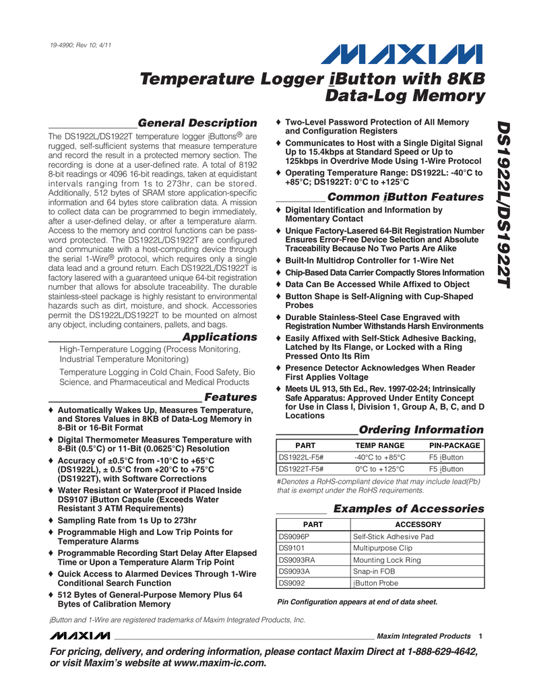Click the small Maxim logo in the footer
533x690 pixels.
tap(79, 636)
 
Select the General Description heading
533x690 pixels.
tap(197, 123)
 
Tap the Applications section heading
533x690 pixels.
tap(220, 336)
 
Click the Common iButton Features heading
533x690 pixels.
tap(405, 197)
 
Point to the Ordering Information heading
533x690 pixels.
tap(420, 429)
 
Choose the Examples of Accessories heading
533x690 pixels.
tap(408, 508)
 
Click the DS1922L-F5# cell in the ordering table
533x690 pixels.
tap(301, 458)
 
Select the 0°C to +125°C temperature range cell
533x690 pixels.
tap(380, 469)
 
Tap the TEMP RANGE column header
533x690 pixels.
tap(380, 445)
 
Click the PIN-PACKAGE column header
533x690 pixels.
tap(455, 445)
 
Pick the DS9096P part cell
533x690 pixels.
tap(294, 536)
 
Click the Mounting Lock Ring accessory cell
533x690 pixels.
tap(387, 560)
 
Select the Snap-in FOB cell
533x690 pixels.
tap(375, 571)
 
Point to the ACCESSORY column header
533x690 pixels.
tap(418, 524)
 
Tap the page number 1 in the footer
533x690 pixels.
tap(480, 636)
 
